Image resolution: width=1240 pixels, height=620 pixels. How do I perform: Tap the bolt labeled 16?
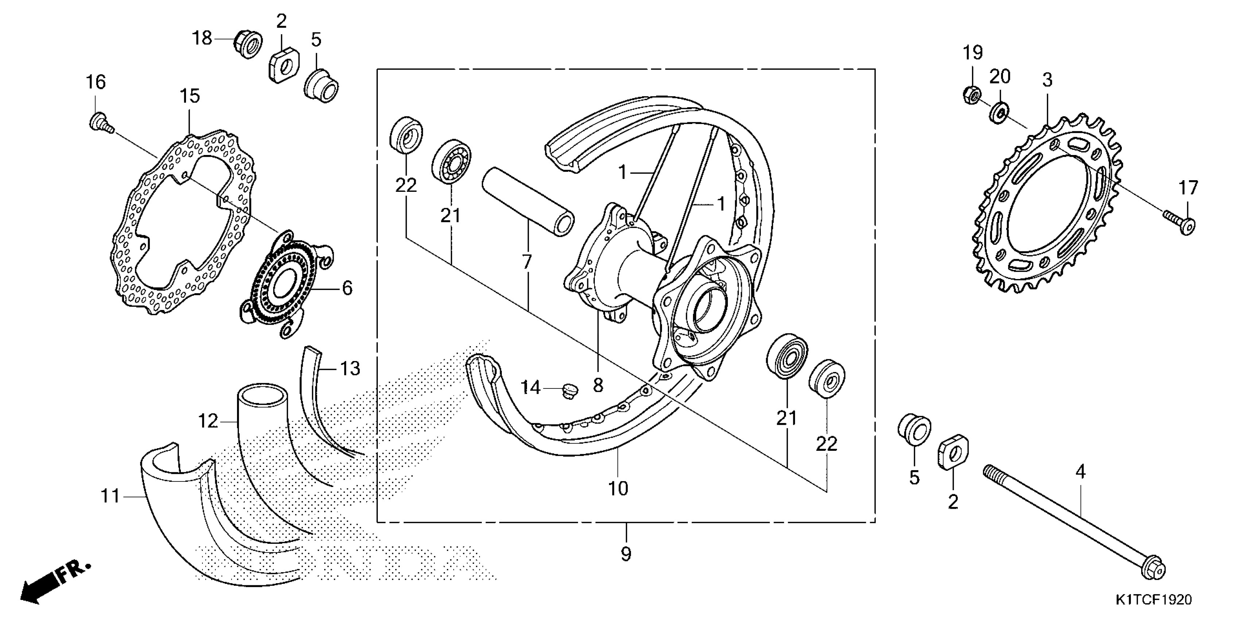click(99, 120)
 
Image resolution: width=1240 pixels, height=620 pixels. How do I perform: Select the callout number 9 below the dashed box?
click(626, 554)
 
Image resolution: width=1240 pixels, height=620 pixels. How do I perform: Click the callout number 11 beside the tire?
click(110, 496)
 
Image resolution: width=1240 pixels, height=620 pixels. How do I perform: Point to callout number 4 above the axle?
click(1081, 473)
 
